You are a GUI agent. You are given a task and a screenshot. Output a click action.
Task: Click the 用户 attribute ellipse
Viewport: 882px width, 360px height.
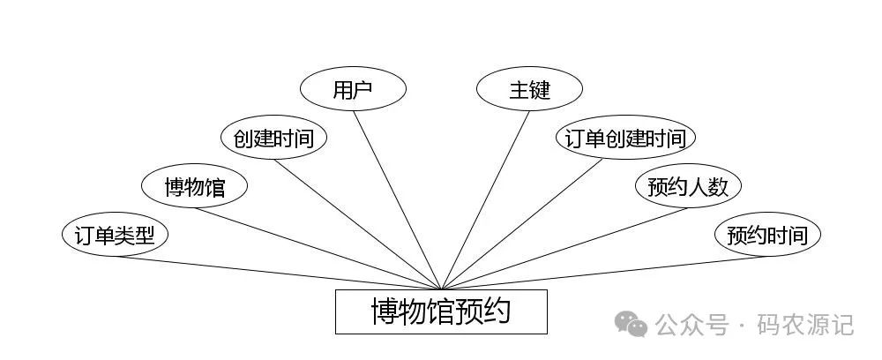[x=353, y=89]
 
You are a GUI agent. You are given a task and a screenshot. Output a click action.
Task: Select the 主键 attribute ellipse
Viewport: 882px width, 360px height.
[x=529, y=89]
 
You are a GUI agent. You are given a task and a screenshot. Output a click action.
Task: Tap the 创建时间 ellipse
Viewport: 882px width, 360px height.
[x=273, y=138]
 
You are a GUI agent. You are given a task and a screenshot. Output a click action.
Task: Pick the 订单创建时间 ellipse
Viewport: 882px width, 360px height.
[x=625, y=138]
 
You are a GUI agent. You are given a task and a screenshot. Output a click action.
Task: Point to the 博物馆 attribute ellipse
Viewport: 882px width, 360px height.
[x=195, y=186]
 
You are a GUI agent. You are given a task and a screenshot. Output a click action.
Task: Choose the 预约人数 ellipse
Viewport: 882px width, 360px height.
[x=688, y=186]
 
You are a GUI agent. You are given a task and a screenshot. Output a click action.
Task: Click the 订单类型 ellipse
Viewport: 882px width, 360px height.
[x=115, y=236]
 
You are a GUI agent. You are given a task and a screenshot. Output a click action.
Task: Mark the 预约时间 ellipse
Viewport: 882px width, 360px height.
[x=766, y=236]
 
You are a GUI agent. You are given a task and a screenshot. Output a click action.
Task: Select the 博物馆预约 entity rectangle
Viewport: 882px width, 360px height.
[x=441, y=311]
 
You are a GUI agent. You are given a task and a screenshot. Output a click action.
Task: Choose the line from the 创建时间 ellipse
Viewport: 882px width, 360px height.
[x=357, y=223]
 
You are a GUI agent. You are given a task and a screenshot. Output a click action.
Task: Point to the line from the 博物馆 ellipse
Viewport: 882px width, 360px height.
[x=318, y=248]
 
